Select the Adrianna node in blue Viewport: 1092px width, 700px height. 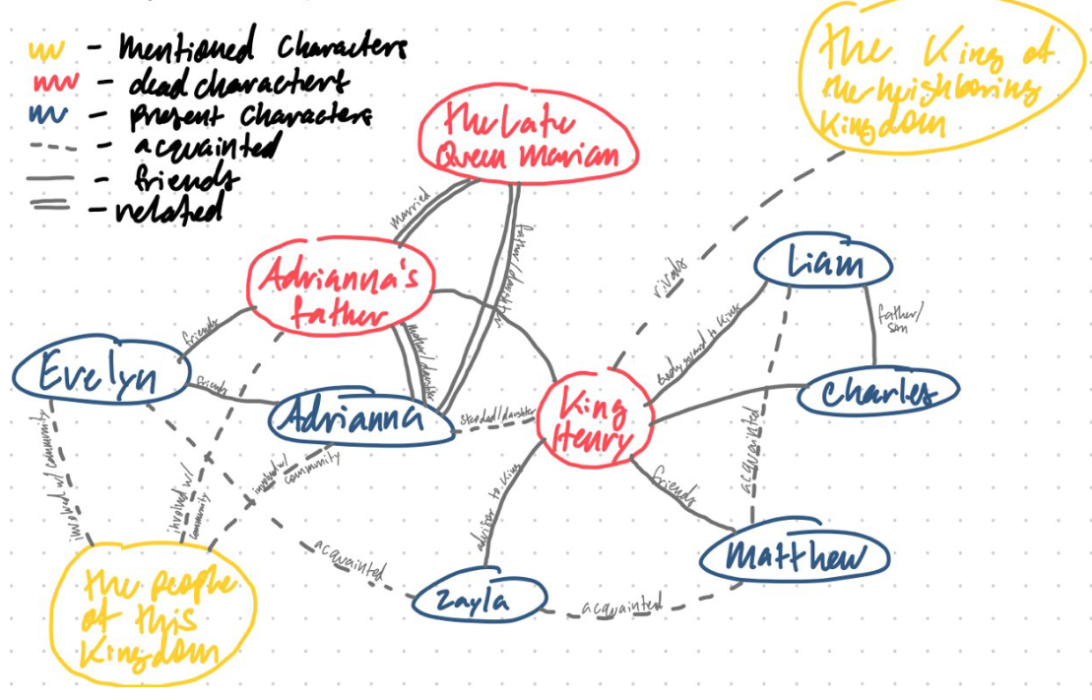pos(350,417)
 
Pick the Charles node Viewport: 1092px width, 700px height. pos(877,393)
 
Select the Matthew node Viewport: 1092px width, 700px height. pos(795,558)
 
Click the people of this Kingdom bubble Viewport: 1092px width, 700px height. pos(157,618)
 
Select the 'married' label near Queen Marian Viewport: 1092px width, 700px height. pos(410,210)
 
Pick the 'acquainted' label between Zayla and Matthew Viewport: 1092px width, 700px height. pos(622,605)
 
